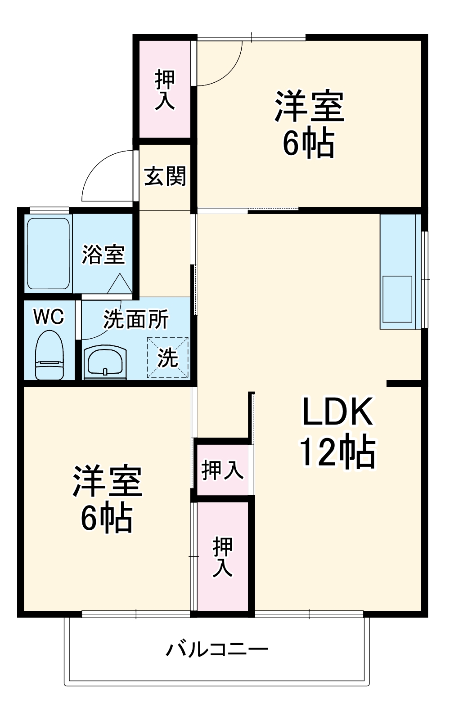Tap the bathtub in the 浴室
point(48,254)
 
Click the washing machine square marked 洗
point(168,358)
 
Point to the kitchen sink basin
point(397,299)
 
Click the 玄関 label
point(165,176)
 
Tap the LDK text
point(337,412)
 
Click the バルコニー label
point(217,649)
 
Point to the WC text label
point(49,317)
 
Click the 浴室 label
point(103,255)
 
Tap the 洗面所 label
point(136,319)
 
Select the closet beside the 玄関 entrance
point(165,89)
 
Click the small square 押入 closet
point(222,470)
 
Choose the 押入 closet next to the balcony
point(222,557)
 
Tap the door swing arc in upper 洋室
point(225,67)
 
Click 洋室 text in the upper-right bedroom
point(309,107)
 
